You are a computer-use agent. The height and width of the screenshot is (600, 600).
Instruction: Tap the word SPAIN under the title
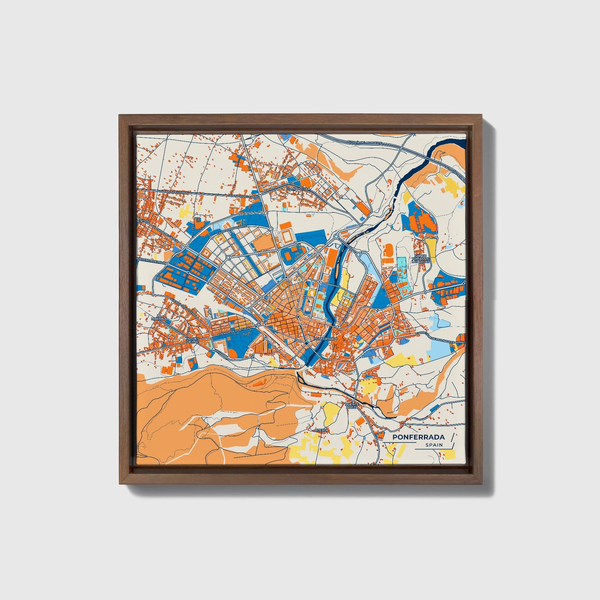(x=433, y=445)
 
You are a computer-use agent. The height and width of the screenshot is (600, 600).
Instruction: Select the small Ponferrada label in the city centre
(x=326, y=339)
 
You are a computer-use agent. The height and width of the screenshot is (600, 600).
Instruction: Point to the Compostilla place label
(x=298, y=189)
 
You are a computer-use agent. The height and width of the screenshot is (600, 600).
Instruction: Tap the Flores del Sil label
(x=193, y=340)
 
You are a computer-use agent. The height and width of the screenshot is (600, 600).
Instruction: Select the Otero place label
(x=321, y=430)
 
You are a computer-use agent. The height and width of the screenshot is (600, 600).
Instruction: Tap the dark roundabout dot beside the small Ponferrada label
(x=306, y=344)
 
